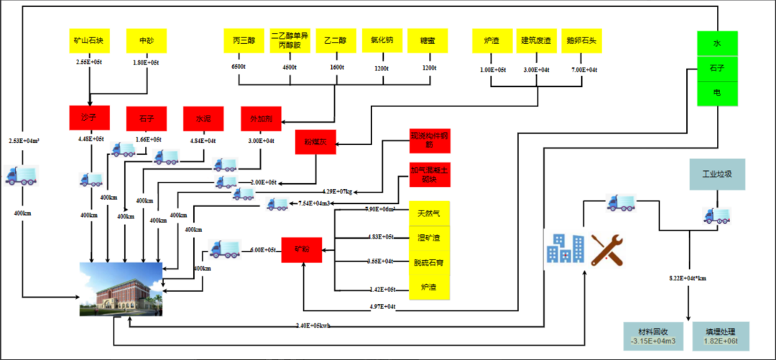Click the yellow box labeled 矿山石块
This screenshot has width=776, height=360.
[88, 41]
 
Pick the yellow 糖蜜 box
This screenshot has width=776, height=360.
[428, 41]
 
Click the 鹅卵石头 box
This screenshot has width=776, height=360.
[581, 41]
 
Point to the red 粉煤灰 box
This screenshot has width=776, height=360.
[315, 142]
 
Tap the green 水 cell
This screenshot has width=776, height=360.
[717, 44]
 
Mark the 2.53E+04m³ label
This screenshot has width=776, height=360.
[24, 141]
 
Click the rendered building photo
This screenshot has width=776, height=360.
[121, 289]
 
